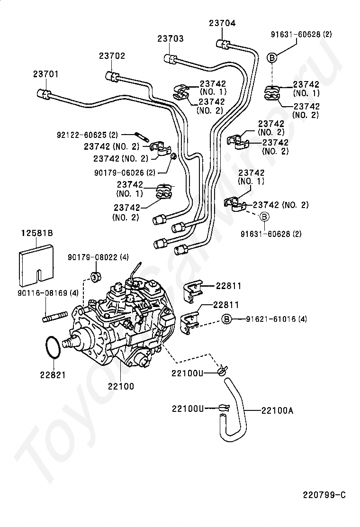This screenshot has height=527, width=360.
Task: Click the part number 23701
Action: pos(46,74)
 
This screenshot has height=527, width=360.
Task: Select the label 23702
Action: pos(112,55)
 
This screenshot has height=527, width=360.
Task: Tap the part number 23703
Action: pos(171,39)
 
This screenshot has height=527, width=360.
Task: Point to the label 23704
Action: pos(222,23)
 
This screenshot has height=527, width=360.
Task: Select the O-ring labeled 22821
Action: pos(53,349)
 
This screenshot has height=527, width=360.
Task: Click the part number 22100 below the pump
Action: pos(121,386)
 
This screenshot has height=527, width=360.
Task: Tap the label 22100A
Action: pos(277,410)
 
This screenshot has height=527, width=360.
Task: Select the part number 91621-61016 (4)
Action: pos(276,319)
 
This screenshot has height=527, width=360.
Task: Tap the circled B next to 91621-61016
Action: pos(227,319)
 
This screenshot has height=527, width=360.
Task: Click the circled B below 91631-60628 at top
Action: pos(272,57)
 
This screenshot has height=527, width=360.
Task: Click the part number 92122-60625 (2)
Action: pos(90,135)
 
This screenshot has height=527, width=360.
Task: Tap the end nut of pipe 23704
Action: pos(222,44)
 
